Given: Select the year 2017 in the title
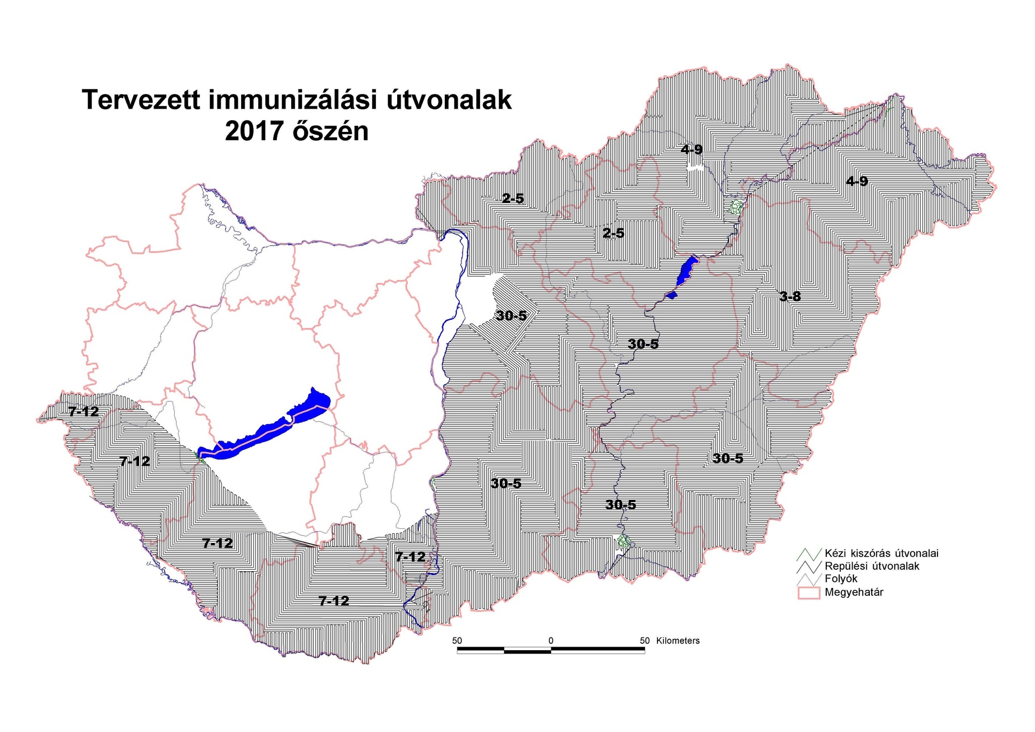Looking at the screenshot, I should [x=254, y=131].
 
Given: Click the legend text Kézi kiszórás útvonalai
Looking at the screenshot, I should [x=881, y=553].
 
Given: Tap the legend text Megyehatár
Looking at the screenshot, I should [x=854, y=592].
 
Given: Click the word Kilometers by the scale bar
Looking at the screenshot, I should [x=678, y=640].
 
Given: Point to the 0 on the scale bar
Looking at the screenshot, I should [x=550, y=640].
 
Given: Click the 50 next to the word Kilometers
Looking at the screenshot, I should [x=644, y=640].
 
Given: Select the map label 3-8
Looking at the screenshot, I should [x=790, y=297].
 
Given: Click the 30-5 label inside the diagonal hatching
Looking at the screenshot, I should [x=511, y=316].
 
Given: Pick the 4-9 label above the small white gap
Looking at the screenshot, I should [x=691, y=149].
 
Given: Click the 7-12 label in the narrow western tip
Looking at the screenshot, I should [x=83, y=411].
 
